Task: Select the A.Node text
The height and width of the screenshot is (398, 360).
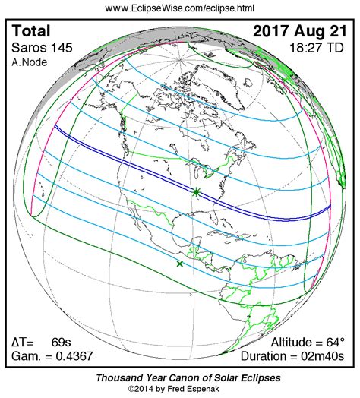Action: coord(28,62)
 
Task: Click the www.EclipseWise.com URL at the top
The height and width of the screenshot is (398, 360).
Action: coord(179,8)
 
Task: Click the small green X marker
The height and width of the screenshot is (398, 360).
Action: coord(180,264)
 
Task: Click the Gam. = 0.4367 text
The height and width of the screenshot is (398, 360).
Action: coord(49,355)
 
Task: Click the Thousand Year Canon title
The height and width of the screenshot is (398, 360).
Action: coord(179,377)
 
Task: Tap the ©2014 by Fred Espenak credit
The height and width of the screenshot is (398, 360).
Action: coord(179,389)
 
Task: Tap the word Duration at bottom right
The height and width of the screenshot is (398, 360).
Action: coord(266,355)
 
